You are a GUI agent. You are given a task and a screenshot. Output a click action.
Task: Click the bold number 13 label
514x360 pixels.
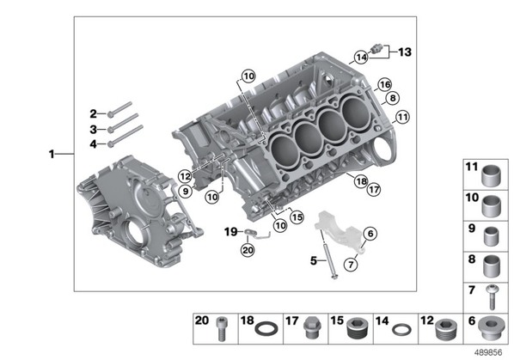(x=405, y=52)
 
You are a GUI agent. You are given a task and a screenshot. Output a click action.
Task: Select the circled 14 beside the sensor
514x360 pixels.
(x=361, y=58)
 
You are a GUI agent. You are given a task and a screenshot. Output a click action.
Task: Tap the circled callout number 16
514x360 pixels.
(x=384, y=84)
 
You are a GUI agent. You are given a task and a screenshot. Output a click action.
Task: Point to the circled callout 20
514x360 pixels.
(x=248, y=250)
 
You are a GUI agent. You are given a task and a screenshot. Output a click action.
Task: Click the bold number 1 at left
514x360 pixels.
(x=52, y=154)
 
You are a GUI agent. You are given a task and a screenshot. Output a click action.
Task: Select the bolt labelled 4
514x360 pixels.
(x=125, y=136)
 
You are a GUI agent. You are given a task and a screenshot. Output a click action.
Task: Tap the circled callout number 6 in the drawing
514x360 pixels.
(x=370, y=234)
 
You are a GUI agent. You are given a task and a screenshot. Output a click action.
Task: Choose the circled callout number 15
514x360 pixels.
(x=297, y=217)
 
